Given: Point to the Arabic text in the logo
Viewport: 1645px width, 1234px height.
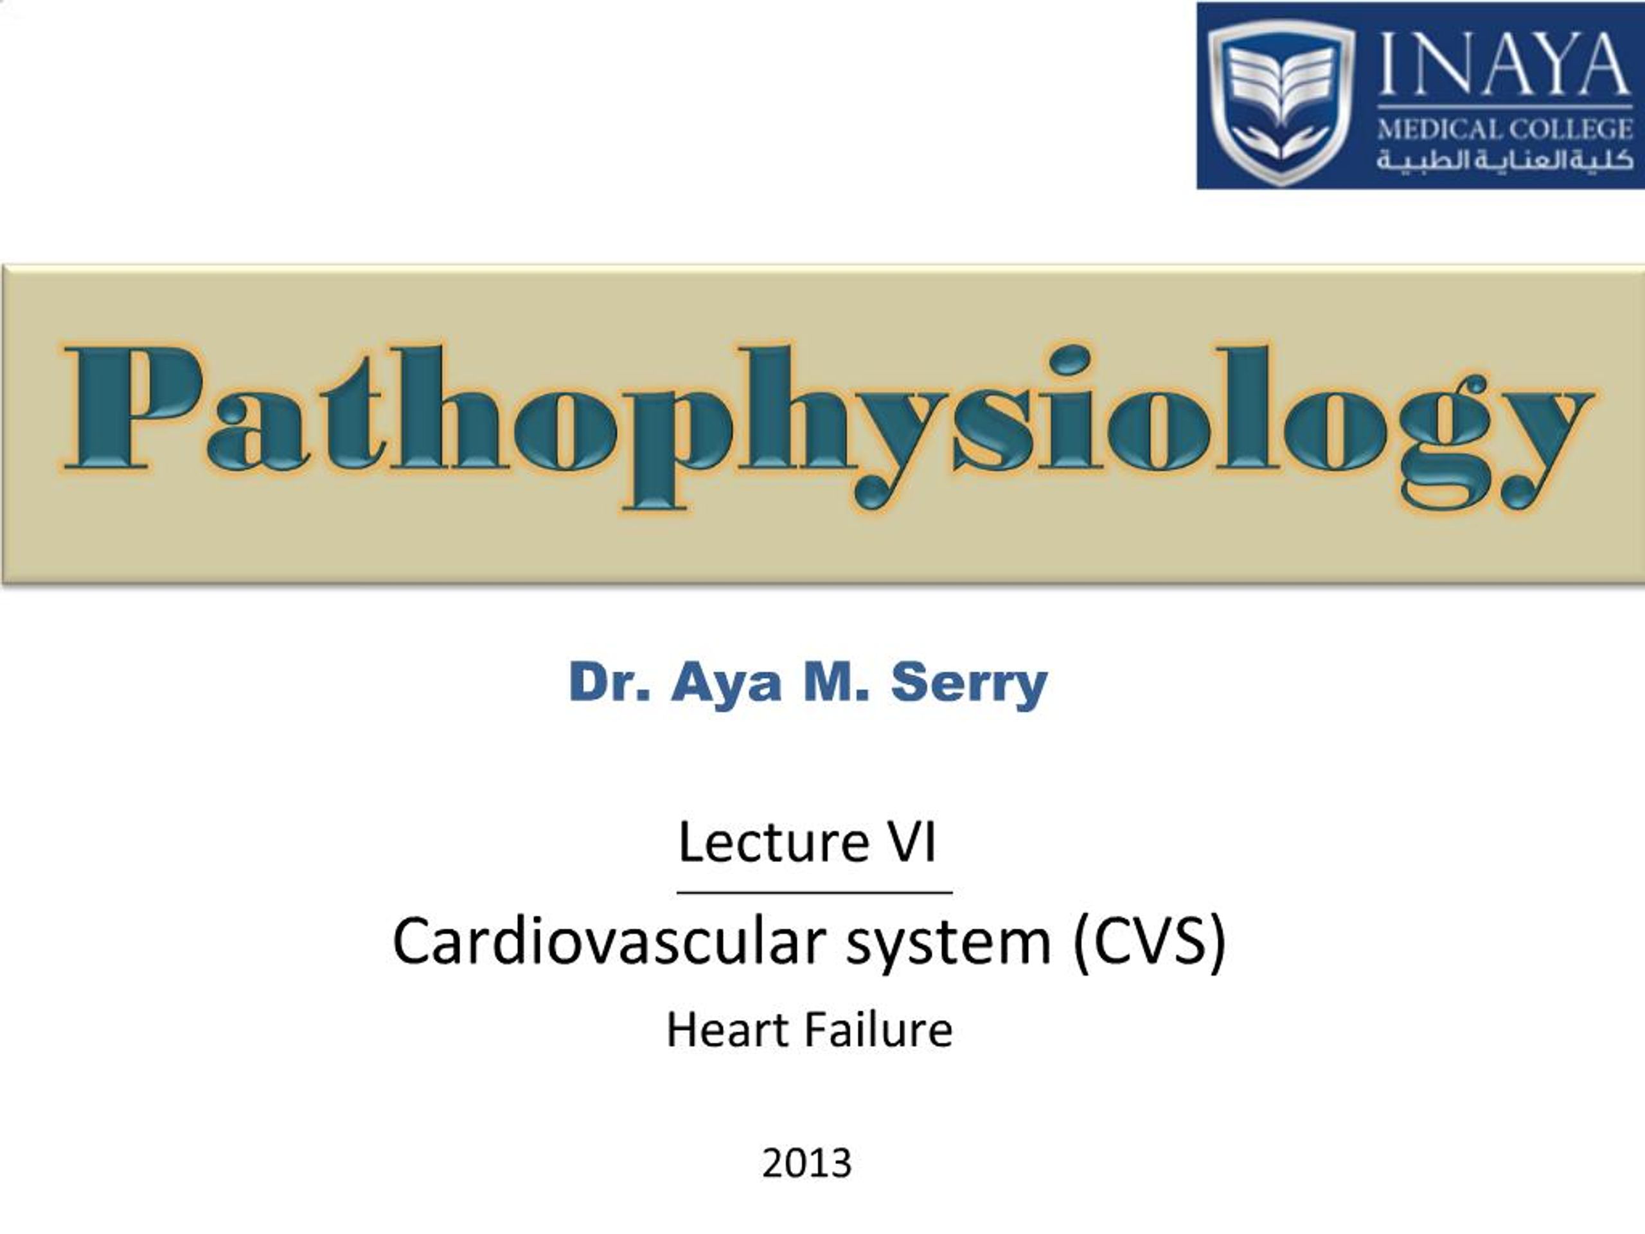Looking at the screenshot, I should coord(1504,159).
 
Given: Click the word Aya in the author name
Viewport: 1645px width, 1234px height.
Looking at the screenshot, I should coord(726,683).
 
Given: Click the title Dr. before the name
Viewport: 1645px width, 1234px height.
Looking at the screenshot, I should coord(609,681).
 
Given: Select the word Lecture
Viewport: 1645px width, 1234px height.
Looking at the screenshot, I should coord(774,842).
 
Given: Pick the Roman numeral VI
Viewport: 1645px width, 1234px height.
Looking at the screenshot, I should coord(912,842).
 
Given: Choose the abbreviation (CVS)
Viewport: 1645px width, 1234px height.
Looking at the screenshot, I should coord(1149,942).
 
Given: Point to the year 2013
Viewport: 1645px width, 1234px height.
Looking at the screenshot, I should coord(807,1163).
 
